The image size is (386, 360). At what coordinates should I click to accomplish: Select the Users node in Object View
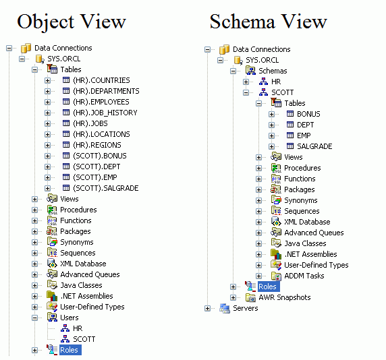(x=69, y=318)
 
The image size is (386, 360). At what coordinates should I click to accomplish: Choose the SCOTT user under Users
(x=84, y=339)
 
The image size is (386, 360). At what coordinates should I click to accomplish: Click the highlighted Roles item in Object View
(x=69, y=350)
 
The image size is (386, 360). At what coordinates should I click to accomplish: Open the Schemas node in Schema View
(x=272, y=71)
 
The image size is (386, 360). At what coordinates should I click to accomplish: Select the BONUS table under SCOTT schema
(x=308, y=114)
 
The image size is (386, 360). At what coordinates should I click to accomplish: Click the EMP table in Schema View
(x=304, y=136)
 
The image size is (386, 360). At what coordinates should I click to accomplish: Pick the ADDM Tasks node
(x=304, y=276)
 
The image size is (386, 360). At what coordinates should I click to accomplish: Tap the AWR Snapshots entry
(x=284, y=297)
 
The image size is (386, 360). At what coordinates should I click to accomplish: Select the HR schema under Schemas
(x=276, y=82)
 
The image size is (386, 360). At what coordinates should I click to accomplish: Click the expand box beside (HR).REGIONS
(x=48, y=145)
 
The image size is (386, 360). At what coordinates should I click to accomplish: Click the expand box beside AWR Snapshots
(x=233, y=297)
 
